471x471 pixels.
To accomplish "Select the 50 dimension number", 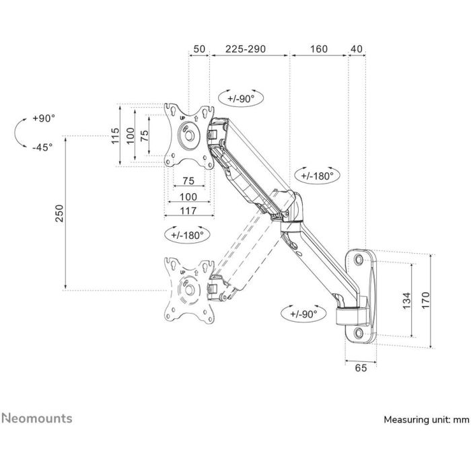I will [199, 50].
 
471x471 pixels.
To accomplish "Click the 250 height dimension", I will [59, 213].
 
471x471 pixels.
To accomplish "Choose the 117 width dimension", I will [188, 211].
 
